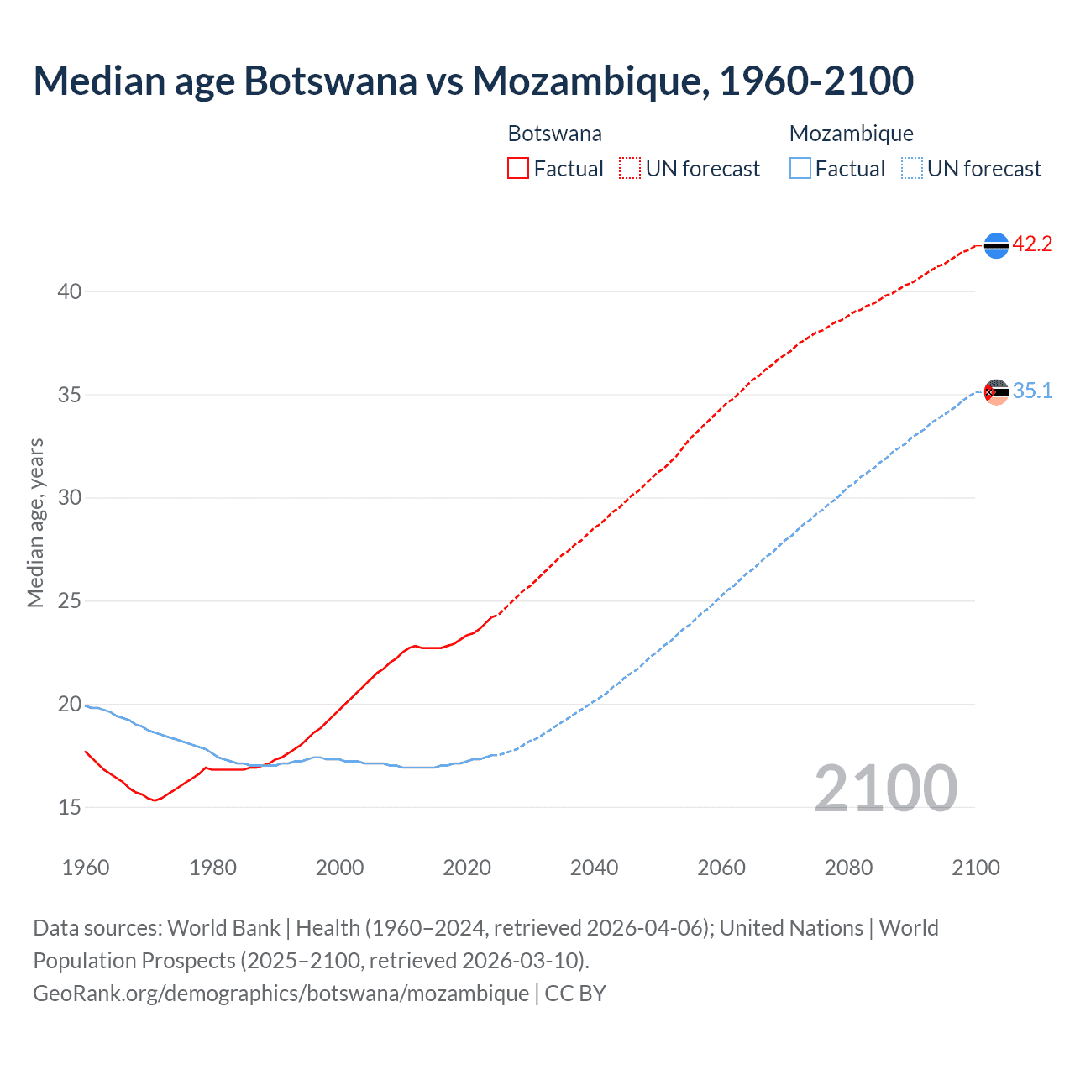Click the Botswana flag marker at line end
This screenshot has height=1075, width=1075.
click(996, 245)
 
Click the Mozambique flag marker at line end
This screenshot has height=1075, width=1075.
click(996, 391)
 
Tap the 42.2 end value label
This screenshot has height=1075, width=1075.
click(1032, 244)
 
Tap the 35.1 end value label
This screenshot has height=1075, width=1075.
click(1032, 391)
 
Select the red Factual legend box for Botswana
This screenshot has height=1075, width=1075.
click(518, 169)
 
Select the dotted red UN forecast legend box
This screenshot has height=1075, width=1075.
click(630, 169)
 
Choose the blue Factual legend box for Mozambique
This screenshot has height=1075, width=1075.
click(800, 169)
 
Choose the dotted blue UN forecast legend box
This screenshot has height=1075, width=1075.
click(912, 169)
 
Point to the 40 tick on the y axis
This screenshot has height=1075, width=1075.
click(70, 291)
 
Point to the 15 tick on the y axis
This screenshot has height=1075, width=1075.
click(70, 807)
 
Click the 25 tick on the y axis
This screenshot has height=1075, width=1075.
click(70, 601)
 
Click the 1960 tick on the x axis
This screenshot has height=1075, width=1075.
click(86, 868)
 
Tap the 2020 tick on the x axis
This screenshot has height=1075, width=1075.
click(467, 868)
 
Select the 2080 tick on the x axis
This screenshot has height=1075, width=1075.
click(848, 868)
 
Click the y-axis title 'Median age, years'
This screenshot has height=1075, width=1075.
click(35, 522)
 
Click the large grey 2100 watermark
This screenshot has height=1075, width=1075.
click(885, 788)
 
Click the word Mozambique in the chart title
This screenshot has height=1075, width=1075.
click(585, 81)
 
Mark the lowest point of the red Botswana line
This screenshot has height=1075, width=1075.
click(155, 800)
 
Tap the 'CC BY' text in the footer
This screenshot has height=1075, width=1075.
click(575, 994)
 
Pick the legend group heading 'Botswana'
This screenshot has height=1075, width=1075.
click(555, 134)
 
